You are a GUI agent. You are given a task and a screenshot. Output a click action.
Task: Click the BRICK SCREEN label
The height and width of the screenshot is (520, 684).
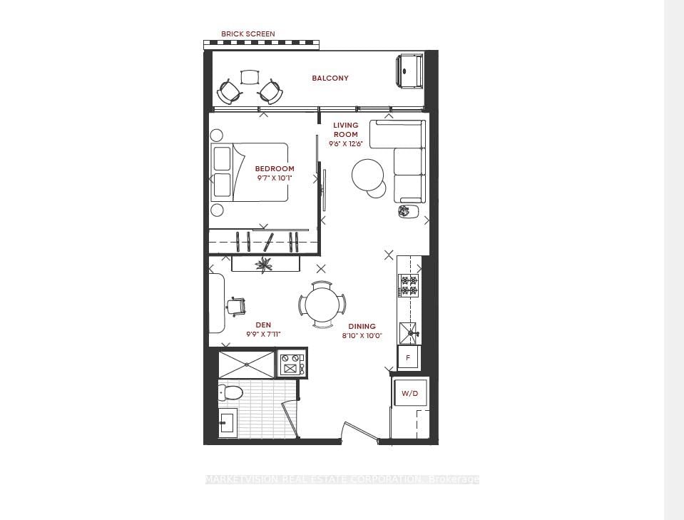(247, 34)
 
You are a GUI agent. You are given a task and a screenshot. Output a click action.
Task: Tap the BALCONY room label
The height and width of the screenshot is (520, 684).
(330, 78)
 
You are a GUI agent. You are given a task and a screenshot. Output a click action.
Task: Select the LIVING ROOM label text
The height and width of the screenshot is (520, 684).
(346, 129)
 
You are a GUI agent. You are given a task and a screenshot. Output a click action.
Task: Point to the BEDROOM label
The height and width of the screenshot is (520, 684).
(275, 169)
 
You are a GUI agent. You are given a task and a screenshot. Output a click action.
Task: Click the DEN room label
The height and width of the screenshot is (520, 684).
(263, 325)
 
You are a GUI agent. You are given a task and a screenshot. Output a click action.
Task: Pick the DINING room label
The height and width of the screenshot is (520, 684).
(362, 327)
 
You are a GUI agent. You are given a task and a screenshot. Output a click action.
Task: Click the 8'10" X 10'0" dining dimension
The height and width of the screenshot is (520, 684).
(362, 335)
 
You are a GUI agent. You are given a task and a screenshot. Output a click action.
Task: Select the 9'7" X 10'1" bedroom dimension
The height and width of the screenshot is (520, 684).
(275, 178)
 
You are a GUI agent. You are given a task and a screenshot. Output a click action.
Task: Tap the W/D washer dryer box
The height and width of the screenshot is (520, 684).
(409, 394)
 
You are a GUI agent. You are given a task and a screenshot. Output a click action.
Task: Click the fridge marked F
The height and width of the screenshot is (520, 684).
(408, 357)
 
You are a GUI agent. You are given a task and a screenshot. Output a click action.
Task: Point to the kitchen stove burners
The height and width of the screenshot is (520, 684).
(409, 285)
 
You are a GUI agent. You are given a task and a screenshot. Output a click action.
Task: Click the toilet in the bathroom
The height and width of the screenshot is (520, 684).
(230, 392)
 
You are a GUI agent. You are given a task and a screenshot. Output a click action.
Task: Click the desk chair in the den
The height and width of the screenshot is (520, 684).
(236, 306)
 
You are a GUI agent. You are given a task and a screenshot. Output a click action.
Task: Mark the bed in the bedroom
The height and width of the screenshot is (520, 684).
(250, 173)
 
